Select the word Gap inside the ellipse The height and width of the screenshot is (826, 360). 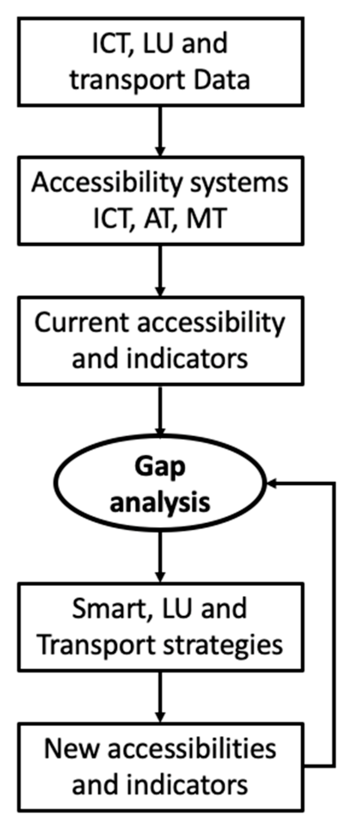point(160,467)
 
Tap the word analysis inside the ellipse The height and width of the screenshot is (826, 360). point(160,502)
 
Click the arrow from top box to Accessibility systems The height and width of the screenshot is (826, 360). point(160,131)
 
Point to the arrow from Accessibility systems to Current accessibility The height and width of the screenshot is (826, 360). point(160,270)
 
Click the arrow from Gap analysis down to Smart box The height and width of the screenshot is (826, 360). point(160,557)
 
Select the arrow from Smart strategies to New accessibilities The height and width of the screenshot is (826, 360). point(160,696)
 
